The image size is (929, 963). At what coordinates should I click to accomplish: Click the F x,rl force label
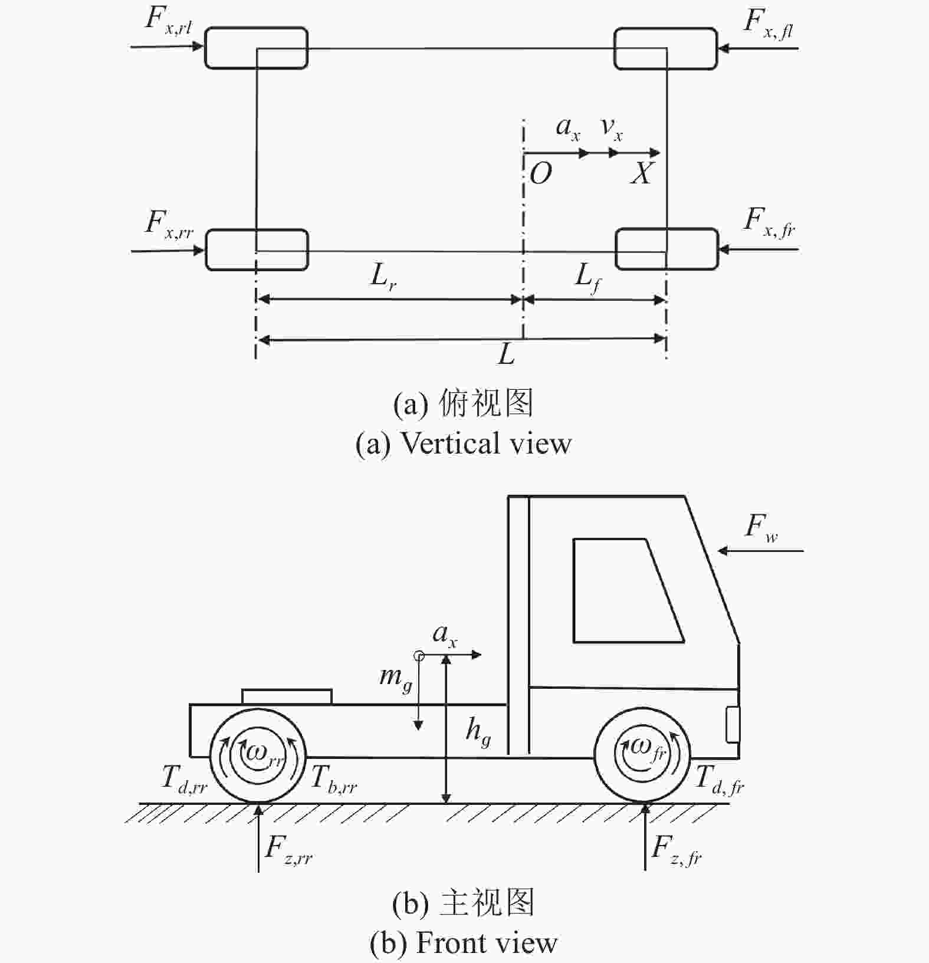tap(169, 21)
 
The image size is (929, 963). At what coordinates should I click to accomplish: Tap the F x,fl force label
tap(768, 24)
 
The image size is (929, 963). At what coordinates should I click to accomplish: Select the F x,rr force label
tap(169, 225)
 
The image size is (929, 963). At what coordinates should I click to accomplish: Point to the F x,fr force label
tap(769, 222)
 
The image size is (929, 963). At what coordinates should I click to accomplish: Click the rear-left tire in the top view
tap(256, 48)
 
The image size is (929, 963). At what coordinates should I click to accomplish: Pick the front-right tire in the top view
tap(667, 249)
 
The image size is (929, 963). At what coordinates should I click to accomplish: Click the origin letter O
tap(541, 173)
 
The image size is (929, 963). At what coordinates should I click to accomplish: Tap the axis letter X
tap(642, 173)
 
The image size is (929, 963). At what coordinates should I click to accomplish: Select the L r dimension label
tap(383, 276)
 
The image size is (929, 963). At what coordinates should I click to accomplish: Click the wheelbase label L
tap(507, 354)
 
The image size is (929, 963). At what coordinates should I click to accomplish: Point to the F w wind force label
tap(761, 527)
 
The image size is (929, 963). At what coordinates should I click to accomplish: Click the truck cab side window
tap(628, 590)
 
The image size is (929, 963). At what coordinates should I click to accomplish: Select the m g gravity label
tap(395, 678)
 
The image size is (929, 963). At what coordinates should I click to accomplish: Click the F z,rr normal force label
tap(288, 850)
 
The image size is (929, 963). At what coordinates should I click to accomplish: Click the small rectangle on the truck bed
tap(287, 696)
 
